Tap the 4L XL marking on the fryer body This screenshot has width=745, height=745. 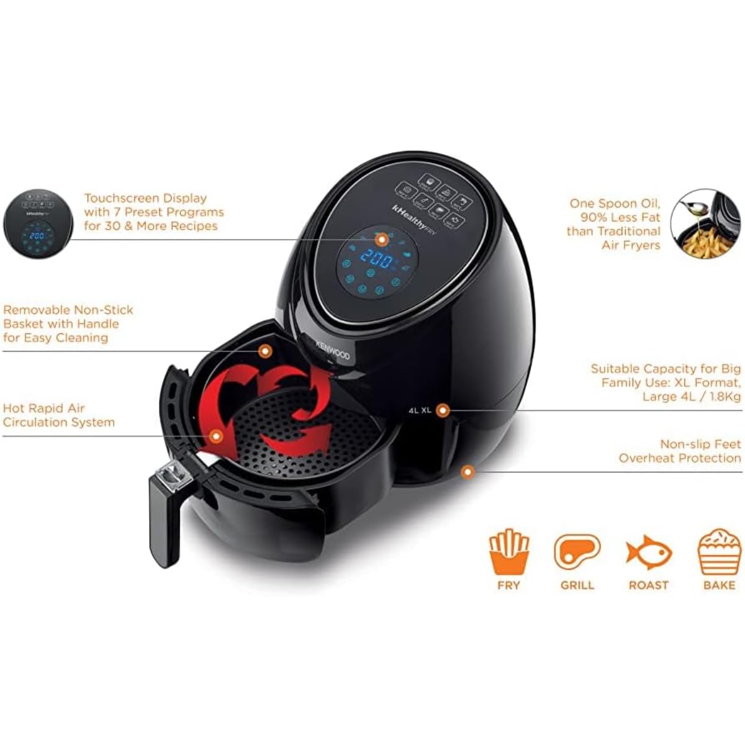tap(420, 410)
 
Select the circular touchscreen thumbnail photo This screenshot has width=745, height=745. tap(38, 224)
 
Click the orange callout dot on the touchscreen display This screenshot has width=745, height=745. tap(382, 239)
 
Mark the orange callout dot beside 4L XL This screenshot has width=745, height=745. tap(443, 410)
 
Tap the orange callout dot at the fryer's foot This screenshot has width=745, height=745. tap(468, 472)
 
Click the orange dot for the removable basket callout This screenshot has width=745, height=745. tap(265, 351)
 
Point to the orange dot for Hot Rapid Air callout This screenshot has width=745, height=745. tap(216, 436)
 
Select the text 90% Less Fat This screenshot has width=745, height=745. tap(620, 217)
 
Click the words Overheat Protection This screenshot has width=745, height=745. tap(680, 458)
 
